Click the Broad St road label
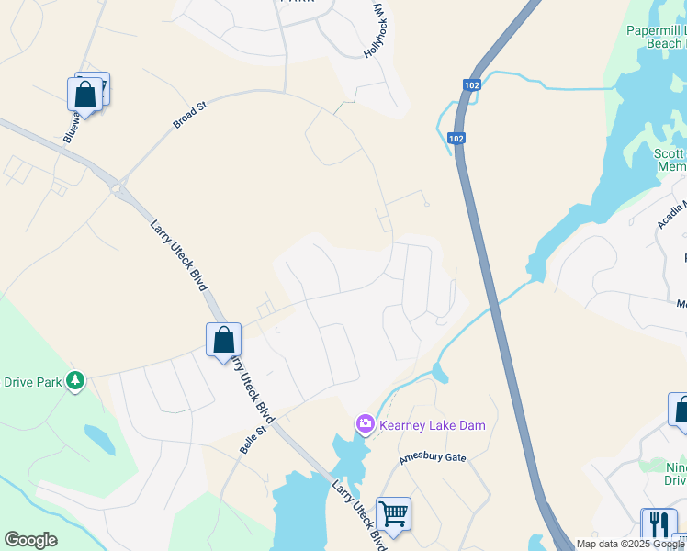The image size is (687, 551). click(191, 115)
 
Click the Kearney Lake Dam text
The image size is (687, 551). click(432, 425)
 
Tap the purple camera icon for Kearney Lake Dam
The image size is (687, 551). click(365, 423)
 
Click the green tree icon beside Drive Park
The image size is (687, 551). click(74, 381)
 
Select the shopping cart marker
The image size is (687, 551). click(393, 514)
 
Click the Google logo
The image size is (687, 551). click(30, 540)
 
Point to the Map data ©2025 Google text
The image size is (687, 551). click(629, 544)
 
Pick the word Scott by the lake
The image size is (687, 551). click(669, 154)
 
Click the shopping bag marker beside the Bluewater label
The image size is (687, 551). click(84, 95)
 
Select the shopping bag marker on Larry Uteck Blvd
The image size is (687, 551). click(223, 340)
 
